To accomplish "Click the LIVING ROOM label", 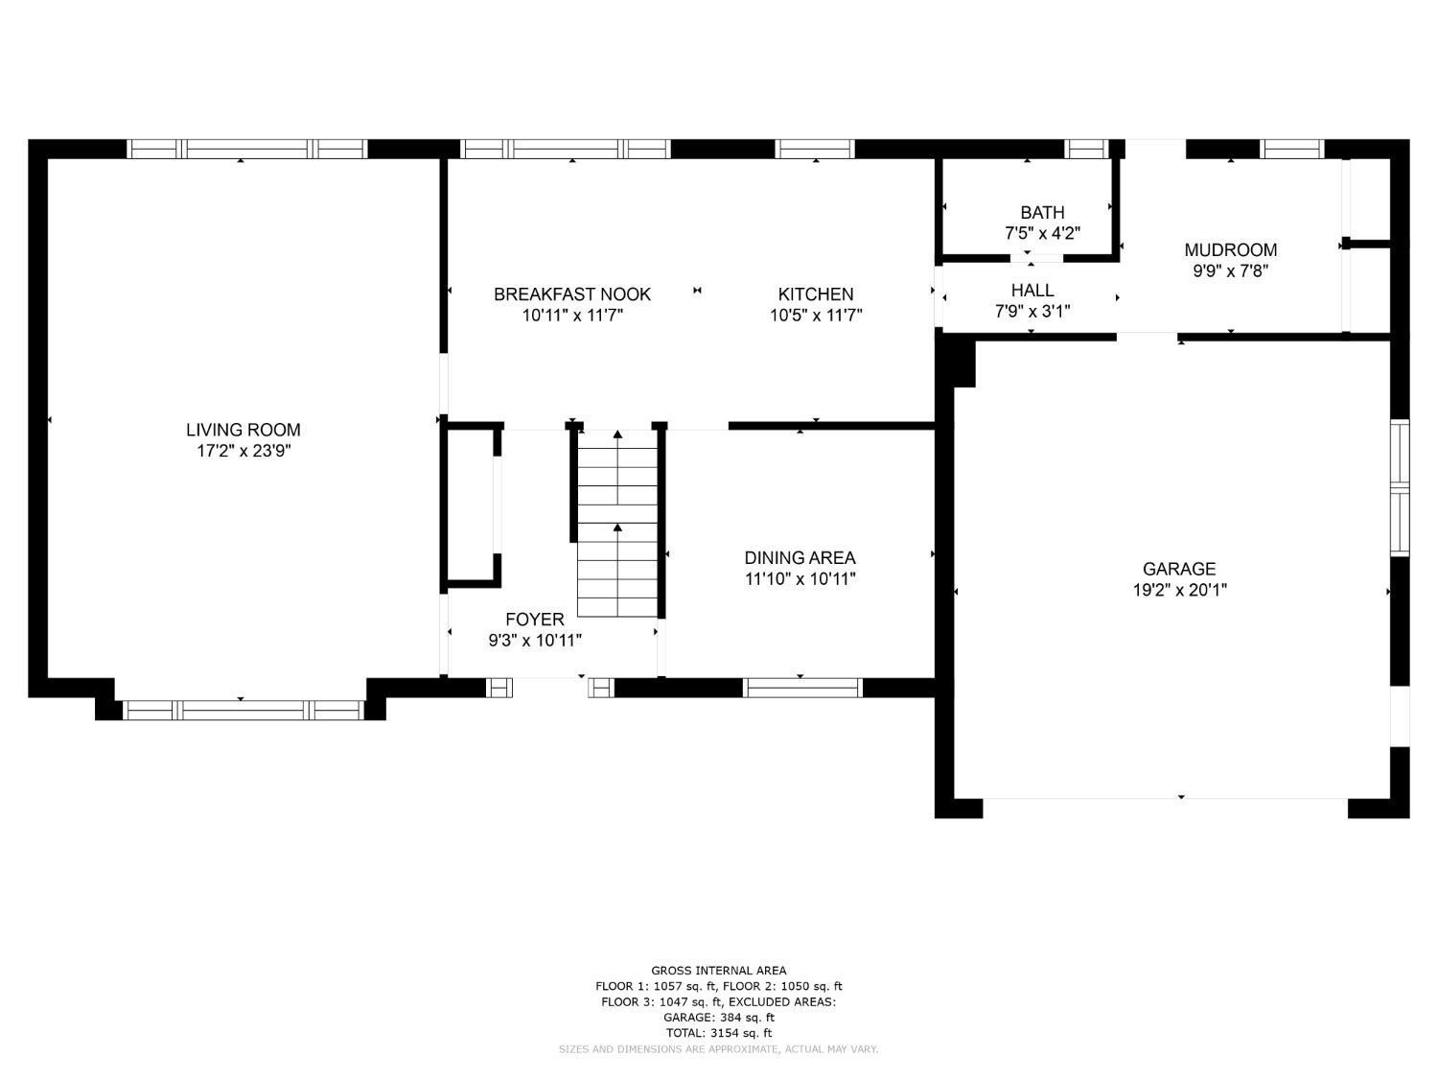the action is click(x=244, y=430).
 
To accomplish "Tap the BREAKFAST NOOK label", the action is click(x=572, y=294).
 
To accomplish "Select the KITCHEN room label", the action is click(x=816, y=294).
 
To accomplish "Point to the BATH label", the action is click(x=1042, y=212).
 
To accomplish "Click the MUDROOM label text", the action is click(x=1230, y=249).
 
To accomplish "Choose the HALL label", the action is click(x=1032, y=291).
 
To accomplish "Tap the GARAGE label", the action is click(x=1179, y=569).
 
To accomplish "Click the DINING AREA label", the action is click(x=800, y=557).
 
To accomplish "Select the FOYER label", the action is click(x=535, y=619).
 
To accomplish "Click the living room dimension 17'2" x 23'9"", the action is click(x=244, y=451).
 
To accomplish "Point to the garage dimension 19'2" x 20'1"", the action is click(x=1180, y=590).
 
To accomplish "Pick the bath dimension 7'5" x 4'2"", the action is click(x=1042, y=233).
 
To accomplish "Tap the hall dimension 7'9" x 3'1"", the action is click(x=1032, y=311).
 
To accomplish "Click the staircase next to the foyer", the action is click(x=617, y=524).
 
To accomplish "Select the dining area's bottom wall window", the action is click(x=802, y=688).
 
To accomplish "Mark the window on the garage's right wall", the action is click(x=1400, y=488).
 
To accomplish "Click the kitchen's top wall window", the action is click(x=815, y=149).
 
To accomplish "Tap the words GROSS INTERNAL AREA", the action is click(x=719, y=971).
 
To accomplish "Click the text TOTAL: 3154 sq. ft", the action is click(x=719, y=1033).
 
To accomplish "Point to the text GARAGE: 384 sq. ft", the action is click(x=719, y=1018).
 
